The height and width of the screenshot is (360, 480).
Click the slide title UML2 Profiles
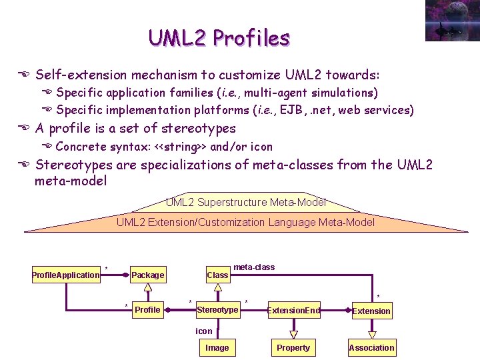point(219,38)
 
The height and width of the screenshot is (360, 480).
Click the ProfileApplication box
point(66,275)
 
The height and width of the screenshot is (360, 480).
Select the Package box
point(148,275)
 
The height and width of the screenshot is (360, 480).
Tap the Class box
point(217,275)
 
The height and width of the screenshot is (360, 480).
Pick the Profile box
point(147,309)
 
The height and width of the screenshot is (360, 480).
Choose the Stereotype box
point(217,309)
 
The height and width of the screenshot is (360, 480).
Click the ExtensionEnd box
point(293,310)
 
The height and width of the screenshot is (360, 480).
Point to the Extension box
point(371,311)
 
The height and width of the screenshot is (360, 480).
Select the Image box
point(217,347)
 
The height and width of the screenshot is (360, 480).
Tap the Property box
point(293,347)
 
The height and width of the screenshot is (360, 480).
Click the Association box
point(371,347)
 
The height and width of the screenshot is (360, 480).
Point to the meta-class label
point(254,267)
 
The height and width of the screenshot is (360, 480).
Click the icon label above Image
point(204,331)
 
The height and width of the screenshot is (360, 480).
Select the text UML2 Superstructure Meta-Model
point(245,202)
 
